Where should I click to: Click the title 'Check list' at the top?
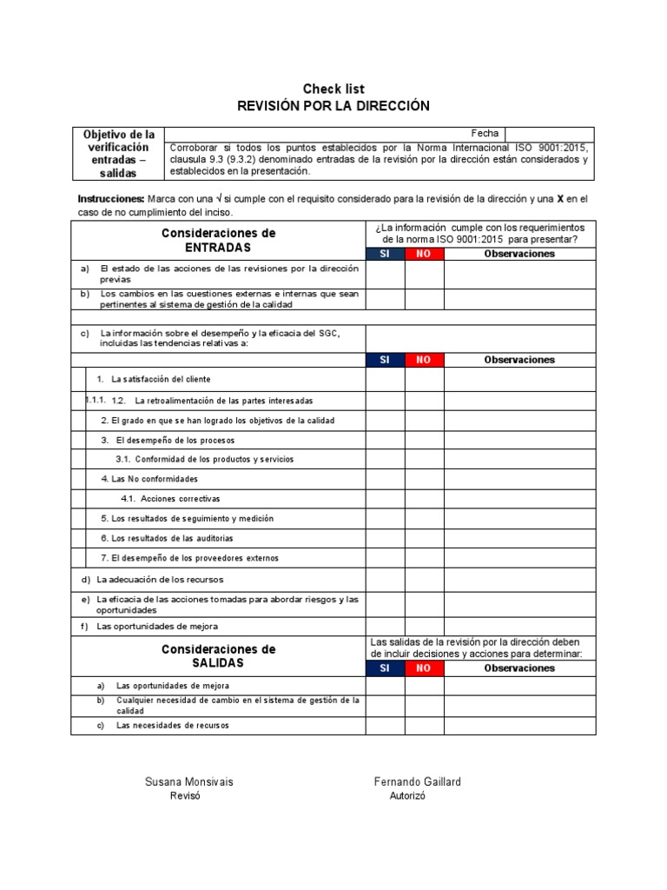point(333,89)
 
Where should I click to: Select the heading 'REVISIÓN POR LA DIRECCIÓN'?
point(333,106)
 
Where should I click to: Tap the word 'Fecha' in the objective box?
point(485,133)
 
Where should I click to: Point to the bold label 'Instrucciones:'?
point(111,199)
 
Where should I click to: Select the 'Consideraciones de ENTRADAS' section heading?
point(218,240)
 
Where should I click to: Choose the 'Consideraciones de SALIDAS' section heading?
point(218,656)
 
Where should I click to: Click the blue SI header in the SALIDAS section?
point(385,668)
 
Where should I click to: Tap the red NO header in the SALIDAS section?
point(424,668)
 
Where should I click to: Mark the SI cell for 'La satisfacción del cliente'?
point(385,380)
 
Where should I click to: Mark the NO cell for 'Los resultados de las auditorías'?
point(424,539)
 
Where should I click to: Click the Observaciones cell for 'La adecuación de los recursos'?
point(519,579)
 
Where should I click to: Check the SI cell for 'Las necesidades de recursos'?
point(385,726)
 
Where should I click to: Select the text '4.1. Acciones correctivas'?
point(170,499)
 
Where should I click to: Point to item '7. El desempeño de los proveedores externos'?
point(189,558)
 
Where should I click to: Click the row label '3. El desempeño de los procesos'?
point(168,440)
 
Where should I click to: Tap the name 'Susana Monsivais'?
point(188,782)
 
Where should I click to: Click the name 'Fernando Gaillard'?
point(417,782)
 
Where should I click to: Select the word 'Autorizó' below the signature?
point(407,797)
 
